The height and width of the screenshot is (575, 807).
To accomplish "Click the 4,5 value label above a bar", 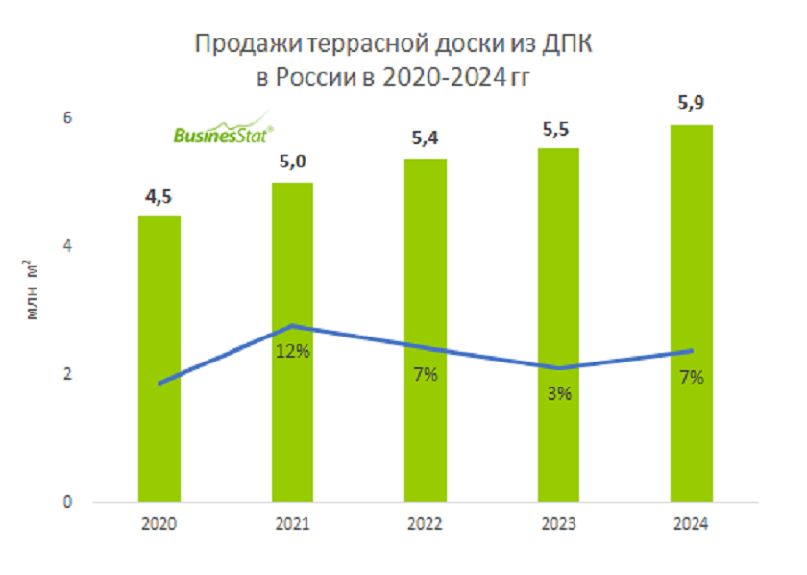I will pos(159,197).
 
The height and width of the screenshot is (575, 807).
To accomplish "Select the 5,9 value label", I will pos(692,104).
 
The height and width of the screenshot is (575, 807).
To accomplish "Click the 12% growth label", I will pos(292,352).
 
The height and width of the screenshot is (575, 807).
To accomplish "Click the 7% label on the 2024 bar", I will pos(692,377).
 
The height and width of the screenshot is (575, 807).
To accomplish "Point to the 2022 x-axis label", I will pos(425,524).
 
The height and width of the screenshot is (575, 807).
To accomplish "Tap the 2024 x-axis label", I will pos(692,524).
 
